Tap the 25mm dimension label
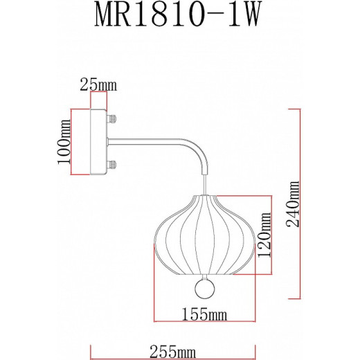pos(98,86)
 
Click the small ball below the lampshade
pos(204,287)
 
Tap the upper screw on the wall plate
pos(111,119)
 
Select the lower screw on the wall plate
pos(111,166)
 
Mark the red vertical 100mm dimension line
pos(73,143)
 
